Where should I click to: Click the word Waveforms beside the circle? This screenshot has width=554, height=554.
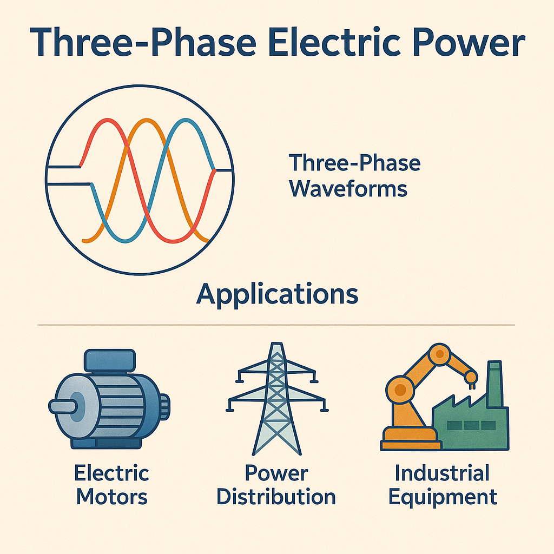point(348,189)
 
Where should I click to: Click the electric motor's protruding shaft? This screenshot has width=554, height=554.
point(61,406)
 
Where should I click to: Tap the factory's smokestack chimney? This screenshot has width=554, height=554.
point(494,384)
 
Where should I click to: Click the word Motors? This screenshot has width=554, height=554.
point(111,497)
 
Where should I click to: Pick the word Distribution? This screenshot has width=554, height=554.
point(276,497)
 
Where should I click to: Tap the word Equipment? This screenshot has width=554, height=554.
point(443,497)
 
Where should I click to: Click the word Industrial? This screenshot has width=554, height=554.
point(442,473)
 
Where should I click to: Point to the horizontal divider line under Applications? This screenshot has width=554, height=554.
point(276,325)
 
